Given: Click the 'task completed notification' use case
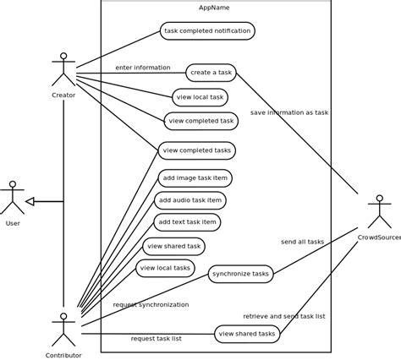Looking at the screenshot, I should pyautogui.click(x=207, y=31).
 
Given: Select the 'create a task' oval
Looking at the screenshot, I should pyautogui.click(x=211, y=73).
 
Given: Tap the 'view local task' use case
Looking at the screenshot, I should pyautogui.click(x=200, y=97).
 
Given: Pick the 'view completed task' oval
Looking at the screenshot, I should pyautogui.click(x=200, y=121).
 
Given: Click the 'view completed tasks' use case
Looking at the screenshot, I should pyautogui.click(x=196, y=150).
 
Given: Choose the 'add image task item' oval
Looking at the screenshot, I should pyautogui.click(x=195, y=178).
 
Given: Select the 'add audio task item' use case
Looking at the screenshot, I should pyautogui.click(x=190, y=200).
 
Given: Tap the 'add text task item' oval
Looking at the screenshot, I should pyautogui.click(x=187, y=222).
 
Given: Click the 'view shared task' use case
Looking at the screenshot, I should pyautogui.click(x=173, y=246).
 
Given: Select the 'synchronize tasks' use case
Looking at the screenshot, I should pyautogui.click(x=241, y=274).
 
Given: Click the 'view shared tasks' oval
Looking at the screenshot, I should pyautogui.click(x=247, y=334).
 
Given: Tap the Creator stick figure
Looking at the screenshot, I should pyautogui.click(x=63, y=69).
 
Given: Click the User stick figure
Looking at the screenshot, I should pyautogui.click(x=12, y=198).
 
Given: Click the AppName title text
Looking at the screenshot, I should pyautogui.click(x=214, y=8).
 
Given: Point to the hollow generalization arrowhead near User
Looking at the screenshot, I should pyautogui.click(x=30, y=201).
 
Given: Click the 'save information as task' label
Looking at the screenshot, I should pyautogui.click(x=288, y=112).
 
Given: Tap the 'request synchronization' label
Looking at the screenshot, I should pyautogui.click(x=151, y=304).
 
